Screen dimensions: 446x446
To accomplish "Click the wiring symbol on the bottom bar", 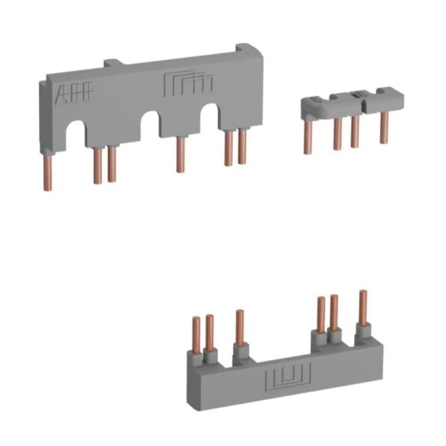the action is (288, 378).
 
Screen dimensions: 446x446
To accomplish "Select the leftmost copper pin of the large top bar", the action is (47, 172).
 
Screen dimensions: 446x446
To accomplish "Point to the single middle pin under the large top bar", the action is (180, 154).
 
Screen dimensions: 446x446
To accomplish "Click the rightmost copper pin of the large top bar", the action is (242, 147).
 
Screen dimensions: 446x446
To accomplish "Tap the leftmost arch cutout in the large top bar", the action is (76, 133).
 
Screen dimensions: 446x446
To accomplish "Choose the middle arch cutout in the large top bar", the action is (150, 125).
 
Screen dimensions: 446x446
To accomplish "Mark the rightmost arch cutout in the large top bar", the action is (209, 117).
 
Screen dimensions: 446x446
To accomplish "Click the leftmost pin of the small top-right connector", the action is (308, 137).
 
